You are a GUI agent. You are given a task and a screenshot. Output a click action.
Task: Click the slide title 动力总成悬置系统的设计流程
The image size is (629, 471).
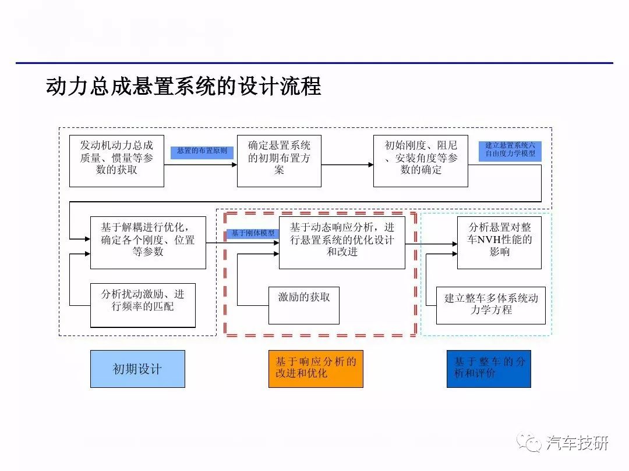tap(183, 87)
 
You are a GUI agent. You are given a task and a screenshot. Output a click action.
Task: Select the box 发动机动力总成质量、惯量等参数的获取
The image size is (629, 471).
tap(116, 161)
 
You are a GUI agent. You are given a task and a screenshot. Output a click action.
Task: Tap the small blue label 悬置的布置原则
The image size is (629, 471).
tap(202, 152)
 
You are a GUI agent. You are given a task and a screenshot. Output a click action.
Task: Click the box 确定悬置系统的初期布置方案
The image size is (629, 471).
tap(279, 161)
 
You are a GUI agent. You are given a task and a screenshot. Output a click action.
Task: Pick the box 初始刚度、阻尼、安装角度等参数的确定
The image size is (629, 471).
tap(420, 161)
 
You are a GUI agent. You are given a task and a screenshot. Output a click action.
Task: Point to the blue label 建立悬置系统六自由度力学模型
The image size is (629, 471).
tap(510, 149)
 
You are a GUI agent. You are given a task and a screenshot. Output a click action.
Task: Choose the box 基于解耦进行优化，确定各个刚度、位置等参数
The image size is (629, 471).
tap(148, 242)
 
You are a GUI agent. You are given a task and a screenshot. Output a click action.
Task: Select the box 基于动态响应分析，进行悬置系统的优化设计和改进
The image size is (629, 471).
tap(342, 242)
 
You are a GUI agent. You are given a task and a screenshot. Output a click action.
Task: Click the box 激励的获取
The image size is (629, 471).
tap(303, 305)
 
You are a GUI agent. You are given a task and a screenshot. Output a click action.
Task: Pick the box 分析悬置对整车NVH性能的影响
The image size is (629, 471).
tap(499, 242)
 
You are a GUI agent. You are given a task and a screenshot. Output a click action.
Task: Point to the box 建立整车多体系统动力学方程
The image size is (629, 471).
tap(491, 305)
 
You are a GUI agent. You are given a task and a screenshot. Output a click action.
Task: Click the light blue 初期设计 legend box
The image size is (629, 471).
tap(137, 369)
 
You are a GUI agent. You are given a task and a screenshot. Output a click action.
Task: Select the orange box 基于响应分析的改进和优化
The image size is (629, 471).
tap(316, 369)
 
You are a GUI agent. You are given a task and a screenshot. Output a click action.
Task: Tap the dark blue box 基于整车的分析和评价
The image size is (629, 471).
tap(489, 369)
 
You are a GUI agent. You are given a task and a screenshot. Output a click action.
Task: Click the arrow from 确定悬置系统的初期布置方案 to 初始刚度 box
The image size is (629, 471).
tap(347, 165)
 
